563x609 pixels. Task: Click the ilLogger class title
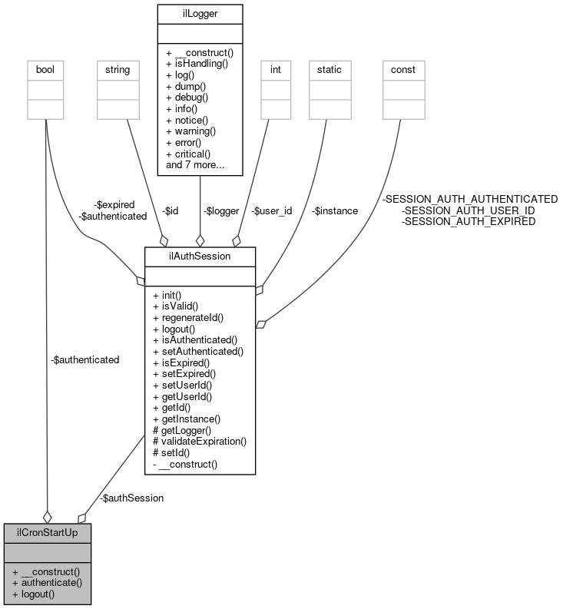pos(200,12)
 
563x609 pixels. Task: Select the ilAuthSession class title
pos(200,256)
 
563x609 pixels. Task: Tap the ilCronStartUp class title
pos(47,531)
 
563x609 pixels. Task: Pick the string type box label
pos(118,69)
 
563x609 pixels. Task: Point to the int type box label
pos(274,69)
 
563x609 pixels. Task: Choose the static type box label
pos(330,69)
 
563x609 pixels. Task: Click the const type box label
pos(403,69)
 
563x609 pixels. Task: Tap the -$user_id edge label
pos(273,210)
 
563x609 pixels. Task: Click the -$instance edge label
pos(335,210)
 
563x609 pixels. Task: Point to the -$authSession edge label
pos(131,498)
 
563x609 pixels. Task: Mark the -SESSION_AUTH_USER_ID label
pos(469,210)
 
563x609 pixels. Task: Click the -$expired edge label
pos(114,205)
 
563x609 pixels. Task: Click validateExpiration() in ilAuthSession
pos(200,441)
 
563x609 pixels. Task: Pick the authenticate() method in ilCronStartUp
pos(51,582)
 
